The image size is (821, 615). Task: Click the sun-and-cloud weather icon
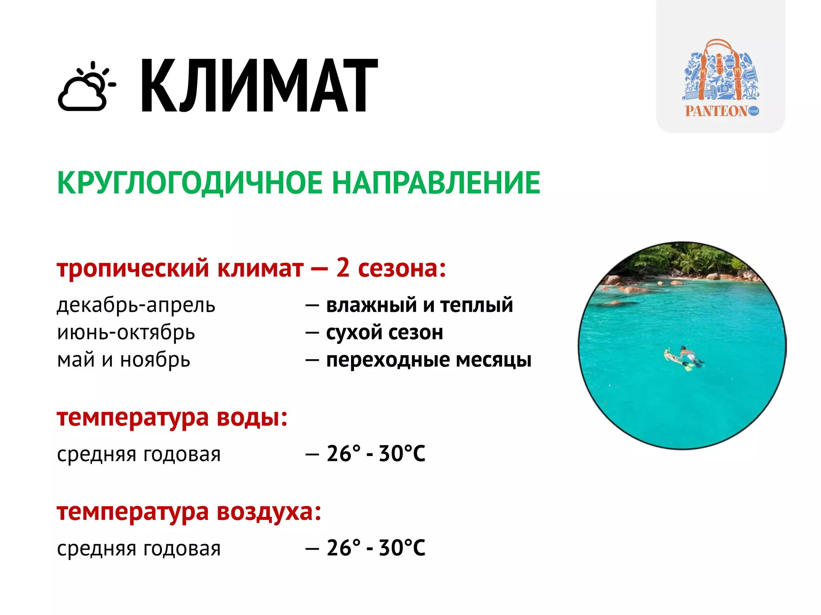(x=87, y=86)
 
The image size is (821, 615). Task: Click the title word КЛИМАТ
(x=259, y=85)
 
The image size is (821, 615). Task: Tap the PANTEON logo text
(x=716, y=111)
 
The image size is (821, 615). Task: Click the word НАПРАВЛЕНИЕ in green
(x=436, y=183)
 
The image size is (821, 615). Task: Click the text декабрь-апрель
(x=136, y=305)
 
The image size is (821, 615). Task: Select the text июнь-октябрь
(x=126, y=332)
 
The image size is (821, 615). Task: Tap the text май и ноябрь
(x=123, y=360)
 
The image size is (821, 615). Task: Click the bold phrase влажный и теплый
(x=419, y=305)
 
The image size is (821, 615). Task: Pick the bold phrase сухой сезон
(x=384, y=332)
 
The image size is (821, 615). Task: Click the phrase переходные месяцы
(x=429, y=360)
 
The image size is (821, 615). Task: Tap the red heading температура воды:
(x=172, y=417)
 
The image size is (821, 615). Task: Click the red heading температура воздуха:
(x=189, y=511)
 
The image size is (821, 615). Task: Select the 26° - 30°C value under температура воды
(x=376, y=454)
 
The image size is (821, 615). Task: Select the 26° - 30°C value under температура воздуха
(x=376, y=548)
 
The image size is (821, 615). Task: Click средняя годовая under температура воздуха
(x=139, y=548)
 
